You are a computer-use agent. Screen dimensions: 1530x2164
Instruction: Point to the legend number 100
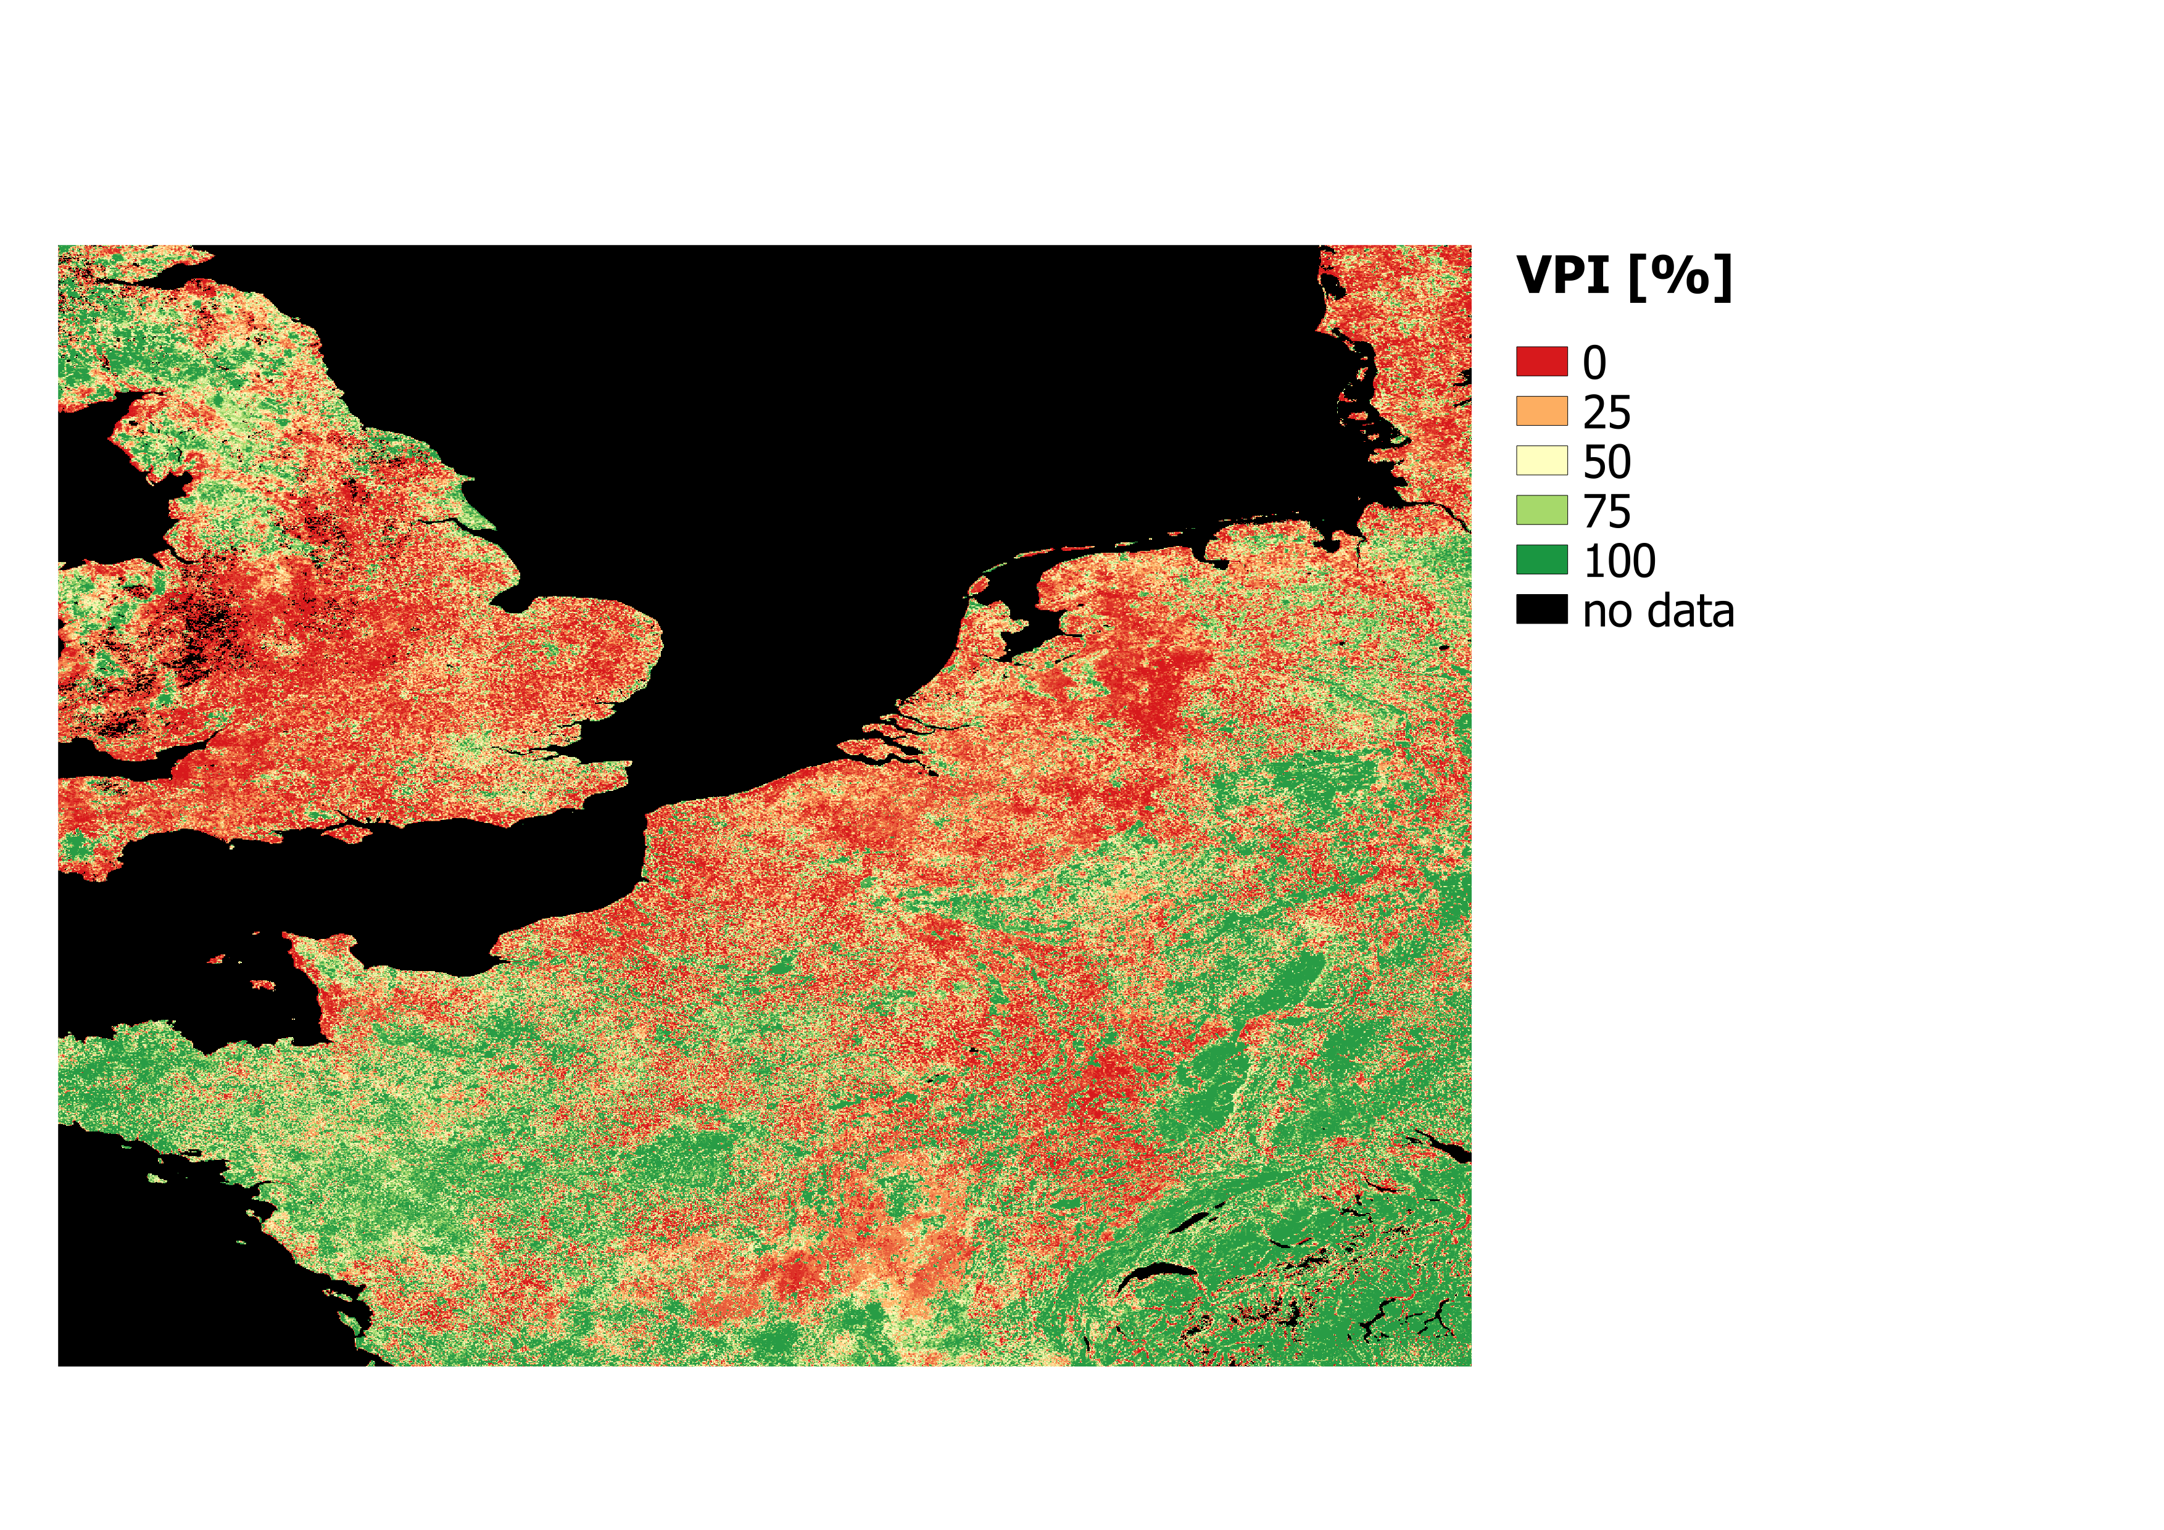click(1619, 561)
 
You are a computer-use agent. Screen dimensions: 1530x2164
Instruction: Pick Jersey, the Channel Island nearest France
click(264, 985)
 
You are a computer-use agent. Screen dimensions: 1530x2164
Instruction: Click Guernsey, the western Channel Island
click(217, 959)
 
